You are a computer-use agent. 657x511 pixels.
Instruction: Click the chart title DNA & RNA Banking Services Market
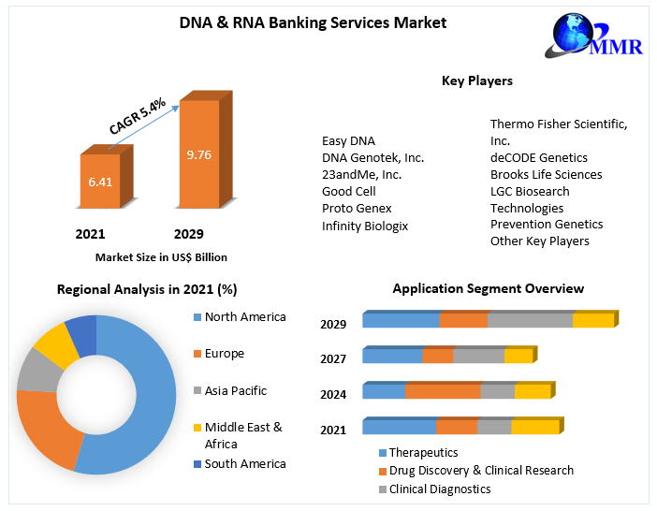pyautogui.click(x=314, y=22)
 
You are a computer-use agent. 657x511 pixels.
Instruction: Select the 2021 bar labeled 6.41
pyautogui.click(x=99, y=182)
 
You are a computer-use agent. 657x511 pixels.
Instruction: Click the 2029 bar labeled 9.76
pyautogui.click(x=198, y=154)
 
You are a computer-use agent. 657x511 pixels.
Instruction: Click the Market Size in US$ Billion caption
pyautogui.click(x=161, y=256)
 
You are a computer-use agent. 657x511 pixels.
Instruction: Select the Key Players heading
pyautogui.click(x=476, y=81)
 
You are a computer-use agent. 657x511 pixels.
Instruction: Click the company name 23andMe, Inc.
pyautogui.click(x=361, y=174)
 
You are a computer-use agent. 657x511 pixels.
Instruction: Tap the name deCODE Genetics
pyautogui.click(x=538, y=157)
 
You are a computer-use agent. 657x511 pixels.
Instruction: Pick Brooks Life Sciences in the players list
pyautogui.click(x=546, y=174)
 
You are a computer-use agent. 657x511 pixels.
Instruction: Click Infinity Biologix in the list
pyautogui.click(x=365, y=226)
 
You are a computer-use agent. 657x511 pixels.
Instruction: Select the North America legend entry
pyautogui.click(x=244, y=317)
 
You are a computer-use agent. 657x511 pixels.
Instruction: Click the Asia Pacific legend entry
pyautogui.click(x=235, y=390)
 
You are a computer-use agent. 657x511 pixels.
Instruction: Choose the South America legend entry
pyautogui.click(x=244, y=463)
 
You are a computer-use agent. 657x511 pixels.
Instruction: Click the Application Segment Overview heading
pyautogui.click(x=488, y=289)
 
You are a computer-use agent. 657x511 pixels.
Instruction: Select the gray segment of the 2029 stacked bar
pyautogui.click(x=530, y=321)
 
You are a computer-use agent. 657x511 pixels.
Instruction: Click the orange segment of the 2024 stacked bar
pyautogui.click(x=443, y=391)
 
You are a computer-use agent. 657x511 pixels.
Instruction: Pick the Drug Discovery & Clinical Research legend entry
pyautogui.click(x=481, y=471)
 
